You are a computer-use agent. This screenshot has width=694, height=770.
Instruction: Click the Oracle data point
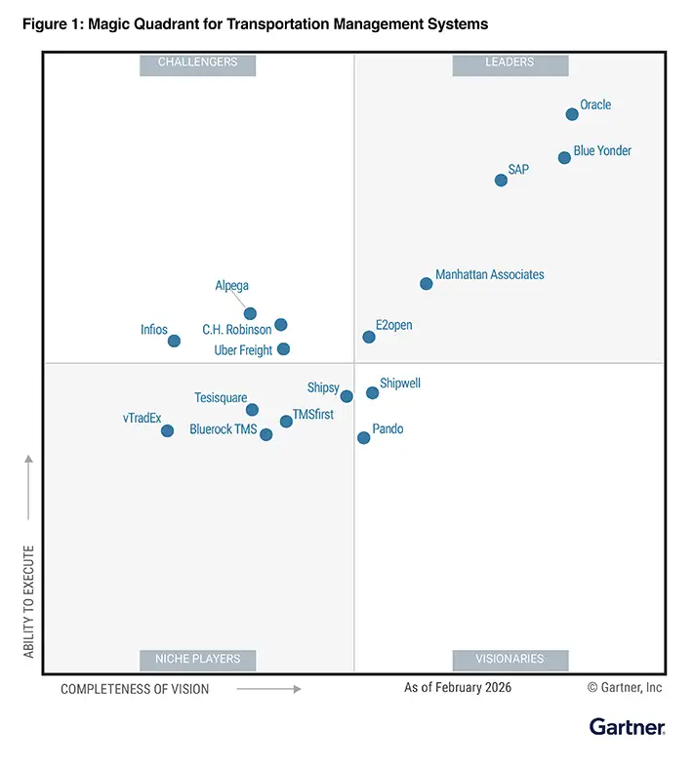point(572,114)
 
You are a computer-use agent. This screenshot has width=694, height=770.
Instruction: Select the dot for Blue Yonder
point(564,157)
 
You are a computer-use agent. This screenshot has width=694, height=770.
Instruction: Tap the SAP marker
point(501,180)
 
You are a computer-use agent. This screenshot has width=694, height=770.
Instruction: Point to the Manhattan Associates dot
point(426,284)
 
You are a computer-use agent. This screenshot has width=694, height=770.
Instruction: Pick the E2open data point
point(369,337)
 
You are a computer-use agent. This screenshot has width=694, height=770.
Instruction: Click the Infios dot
point(174,341)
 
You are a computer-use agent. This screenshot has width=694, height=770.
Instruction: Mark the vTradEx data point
point(167,430)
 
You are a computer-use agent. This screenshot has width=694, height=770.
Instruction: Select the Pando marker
point(363,438)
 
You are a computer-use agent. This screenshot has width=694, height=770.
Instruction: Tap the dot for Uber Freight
point(283,348)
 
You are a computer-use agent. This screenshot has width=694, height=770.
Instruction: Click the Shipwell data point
point(372,392)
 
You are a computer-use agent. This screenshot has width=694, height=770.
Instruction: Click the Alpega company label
point(232,286)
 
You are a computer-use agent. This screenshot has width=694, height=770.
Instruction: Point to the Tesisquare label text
point(221,398)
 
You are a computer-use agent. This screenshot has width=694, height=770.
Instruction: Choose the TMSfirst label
point(313,415)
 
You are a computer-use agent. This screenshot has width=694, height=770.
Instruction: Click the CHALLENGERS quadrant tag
point(198,62)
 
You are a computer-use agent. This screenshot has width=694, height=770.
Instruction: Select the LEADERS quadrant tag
point(510,62)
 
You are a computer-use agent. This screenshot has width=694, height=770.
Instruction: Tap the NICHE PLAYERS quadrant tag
point(198,659)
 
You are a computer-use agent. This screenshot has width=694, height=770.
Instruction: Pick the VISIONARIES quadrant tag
point(510,659)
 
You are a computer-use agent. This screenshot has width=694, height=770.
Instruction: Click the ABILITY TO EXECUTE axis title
point(28,601)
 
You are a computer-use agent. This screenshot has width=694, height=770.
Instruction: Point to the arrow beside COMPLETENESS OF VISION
point(268,688)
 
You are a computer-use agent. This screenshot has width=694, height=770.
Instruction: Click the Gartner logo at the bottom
point(627,727)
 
